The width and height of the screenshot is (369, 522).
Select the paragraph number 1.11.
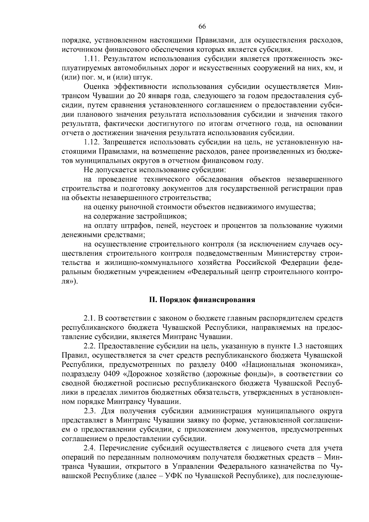91,58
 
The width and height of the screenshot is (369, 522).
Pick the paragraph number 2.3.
90,411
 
